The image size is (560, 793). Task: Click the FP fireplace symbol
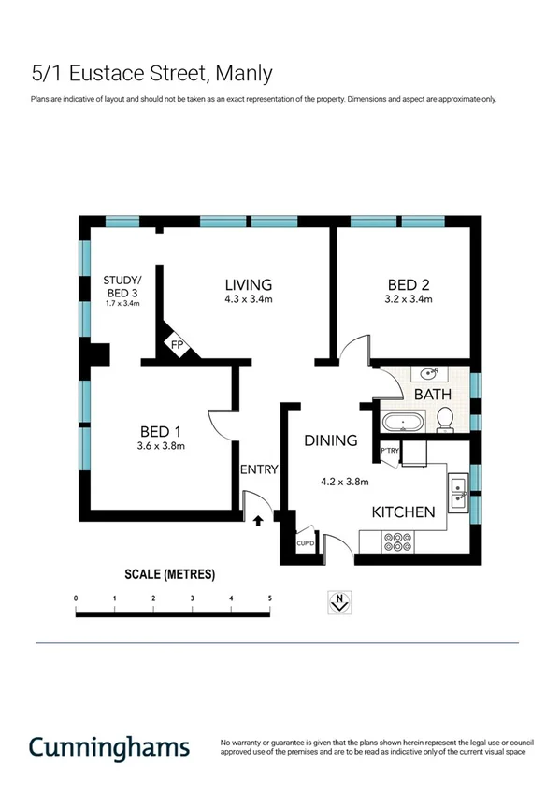(176, 346)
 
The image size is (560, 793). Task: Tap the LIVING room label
(248, 284)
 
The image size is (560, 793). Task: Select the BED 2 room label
(408, 284)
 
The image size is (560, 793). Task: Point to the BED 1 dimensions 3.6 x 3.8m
(160, 446)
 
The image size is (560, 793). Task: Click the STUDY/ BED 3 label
(122, 286)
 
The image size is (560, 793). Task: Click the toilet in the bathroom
(445, 420)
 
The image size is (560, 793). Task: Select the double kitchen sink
(457, 492)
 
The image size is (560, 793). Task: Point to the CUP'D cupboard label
(304, 543)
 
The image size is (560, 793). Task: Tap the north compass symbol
(340, 603)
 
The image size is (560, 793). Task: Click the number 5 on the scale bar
(269, 597)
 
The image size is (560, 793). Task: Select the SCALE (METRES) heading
(169, 573)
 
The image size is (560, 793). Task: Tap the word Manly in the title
(243, 73)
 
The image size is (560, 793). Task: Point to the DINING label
(331, 440)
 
